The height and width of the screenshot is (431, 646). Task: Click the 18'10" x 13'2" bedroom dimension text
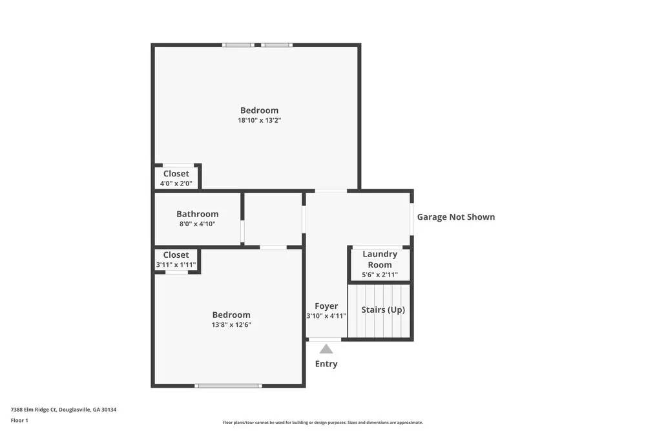click(x=259, y=120)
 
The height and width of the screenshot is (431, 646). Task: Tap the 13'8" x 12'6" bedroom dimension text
click(x=231, y=325)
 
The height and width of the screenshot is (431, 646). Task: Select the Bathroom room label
click(x=197, y=214)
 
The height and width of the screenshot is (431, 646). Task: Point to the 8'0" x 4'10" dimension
click(x=197, y=224)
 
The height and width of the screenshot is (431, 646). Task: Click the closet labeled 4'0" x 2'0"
click(x=176, y=178)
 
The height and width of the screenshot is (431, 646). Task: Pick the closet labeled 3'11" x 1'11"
click(x=176, y=260)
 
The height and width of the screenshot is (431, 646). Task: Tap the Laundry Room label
click(x=380, y=259)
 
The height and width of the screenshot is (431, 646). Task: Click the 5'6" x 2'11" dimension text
click(x=380, y=275)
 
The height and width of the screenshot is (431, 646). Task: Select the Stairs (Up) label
click(x=383, y=310)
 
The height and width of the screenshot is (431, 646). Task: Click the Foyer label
click(x=326, y=306)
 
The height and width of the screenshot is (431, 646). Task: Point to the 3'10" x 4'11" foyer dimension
click(x=326, y=316)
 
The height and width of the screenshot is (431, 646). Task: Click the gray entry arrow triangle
click(x=326, y=350)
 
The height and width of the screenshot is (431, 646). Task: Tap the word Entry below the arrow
click(x=326, y=364)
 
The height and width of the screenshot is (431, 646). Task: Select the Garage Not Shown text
click(x=455, y=217)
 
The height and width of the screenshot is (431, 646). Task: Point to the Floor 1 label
click(x=19, y=420)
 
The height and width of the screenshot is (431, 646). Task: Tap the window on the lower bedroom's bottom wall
click(x=228, y=386)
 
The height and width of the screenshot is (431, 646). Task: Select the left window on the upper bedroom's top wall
click(x=238, y=45)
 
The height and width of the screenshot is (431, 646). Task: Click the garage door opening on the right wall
click(x=412, y=220)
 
